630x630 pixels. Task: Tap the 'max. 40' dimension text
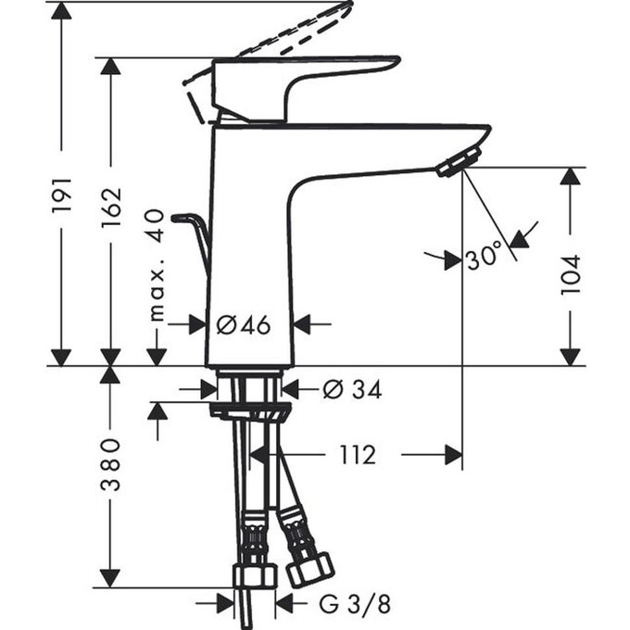point(156,265)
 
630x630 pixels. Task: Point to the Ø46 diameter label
point(243,324)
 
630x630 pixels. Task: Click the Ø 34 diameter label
point(352,390)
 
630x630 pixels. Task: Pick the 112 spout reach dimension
point(357,455)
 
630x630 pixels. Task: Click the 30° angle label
point(484,257)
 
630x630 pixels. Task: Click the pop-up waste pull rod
point(196,232)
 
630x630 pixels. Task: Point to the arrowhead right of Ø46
point(305,324)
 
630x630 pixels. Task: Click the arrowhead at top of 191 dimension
point(62,11)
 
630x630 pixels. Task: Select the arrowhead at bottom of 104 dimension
point(570,356)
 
